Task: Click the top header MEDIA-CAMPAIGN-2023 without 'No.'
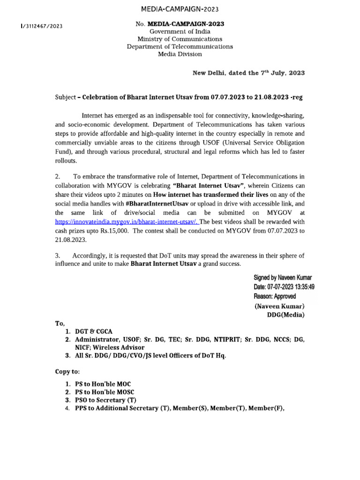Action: pos(180,9)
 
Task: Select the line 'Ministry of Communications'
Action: pos(180,39)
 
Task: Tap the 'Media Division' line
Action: pos(180,54)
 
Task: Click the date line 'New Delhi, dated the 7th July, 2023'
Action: pos(249,73)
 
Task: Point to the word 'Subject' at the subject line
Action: pos(66,97)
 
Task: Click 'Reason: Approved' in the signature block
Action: pos(275,296)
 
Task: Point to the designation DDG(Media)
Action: pos(285,315)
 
